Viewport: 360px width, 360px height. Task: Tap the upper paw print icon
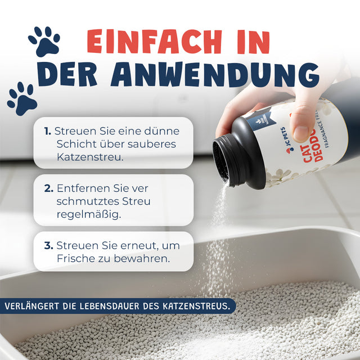pyautogui.click(x=44, y=41)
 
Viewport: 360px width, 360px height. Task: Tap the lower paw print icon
pyautogui.click(x=22, y=98)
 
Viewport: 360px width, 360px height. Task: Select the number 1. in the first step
pyautogui.click(x=48, y=131)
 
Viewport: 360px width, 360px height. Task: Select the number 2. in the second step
pyautogui.click(x=48, y=188)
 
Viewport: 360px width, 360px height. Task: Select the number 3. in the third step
pyautogui.click(x=48, y=246)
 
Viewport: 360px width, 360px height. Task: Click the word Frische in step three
pyautogui.click(x=74, y=259)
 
